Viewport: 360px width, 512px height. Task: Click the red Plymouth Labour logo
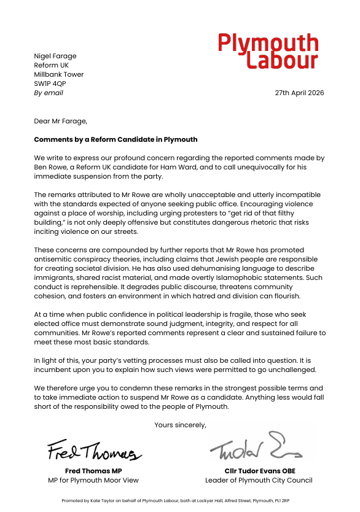tap(268, 51)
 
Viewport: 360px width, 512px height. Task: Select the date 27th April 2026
tap(299, 93)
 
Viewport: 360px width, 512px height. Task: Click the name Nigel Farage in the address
tap(55, 56)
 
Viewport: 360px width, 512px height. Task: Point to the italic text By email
tap(49, 93)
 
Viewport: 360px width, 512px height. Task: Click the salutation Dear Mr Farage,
tap(61, 121)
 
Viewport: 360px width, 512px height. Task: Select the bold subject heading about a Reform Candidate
tap(115, 139)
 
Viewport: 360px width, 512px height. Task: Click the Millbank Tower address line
tap(59, 75)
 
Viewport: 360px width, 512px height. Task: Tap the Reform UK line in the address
tap(51, 66)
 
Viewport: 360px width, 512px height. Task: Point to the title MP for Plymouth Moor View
tap(93, 480)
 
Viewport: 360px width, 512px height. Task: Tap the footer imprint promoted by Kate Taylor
tap(179, 501)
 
